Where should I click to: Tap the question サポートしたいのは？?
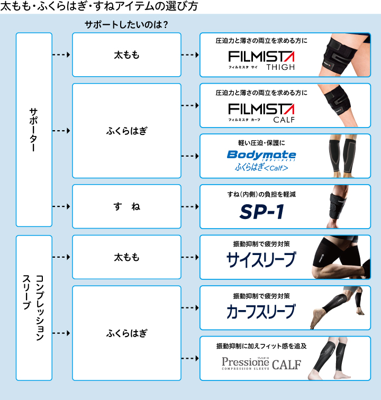click(x=126, y=24)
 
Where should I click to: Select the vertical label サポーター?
click(x=34, y=130)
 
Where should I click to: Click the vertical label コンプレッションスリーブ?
click(x=34, y=307)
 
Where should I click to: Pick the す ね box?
click(x=127, y=206)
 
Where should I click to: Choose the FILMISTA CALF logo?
click(x=261, y=112)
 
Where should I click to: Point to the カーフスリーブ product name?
click(x=261, y=311)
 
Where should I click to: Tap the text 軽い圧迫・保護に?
click(x=262, y=142)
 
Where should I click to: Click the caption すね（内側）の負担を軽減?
click(x=262, y=194)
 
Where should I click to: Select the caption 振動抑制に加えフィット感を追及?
click(x=262, y=346)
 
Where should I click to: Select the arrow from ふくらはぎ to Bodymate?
click(x=189, y=156)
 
